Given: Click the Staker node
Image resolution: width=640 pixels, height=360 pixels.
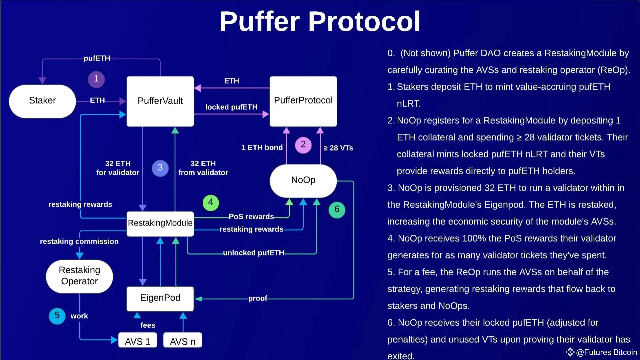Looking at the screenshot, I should click(42, 101).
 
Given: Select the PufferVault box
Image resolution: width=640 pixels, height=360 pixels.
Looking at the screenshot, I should click(160, 101).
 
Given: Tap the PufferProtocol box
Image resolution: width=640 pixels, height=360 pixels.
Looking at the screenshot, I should click(303, 101).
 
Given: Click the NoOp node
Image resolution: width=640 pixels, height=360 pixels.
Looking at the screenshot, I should click(303, 180).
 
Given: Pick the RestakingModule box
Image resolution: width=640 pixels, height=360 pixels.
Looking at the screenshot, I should click(160, 223).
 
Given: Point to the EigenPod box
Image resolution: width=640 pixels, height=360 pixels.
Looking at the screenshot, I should click(160, 298).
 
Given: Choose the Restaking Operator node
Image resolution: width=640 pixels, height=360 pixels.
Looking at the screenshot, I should click(79, 276).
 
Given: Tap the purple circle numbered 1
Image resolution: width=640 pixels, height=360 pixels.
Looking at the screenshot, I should click(96, 79).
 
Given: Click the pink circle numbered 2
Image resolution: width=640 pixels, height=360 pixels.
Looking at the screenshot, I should click(303, 145).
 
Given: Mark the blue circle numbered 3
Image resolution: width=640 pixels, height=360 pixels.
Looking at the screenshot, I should click(160, 168).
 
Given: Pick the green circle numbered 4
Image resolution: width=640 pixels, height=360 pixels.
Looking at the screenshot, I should click(211, 202).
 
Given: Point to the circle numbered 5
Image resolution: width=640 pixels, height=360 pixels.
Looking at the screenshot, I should click(57, 316).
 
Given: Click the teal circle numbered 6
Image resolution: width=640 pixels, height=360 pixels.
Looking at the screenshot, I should click(337, 210).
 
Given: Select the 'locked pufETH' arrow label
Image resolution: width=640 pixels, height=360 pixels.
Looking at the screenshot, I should click(231, 107).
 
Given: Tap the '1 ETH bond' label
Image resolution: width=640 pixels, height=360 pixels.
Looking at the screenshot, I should click(262, 148).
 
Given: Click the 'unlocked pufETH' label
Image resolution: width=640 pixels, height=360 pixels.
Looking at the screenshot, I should click(253, 253).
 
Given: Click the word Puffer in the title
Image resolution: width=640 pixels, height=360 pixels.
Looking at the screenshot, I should click(259, 21).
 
